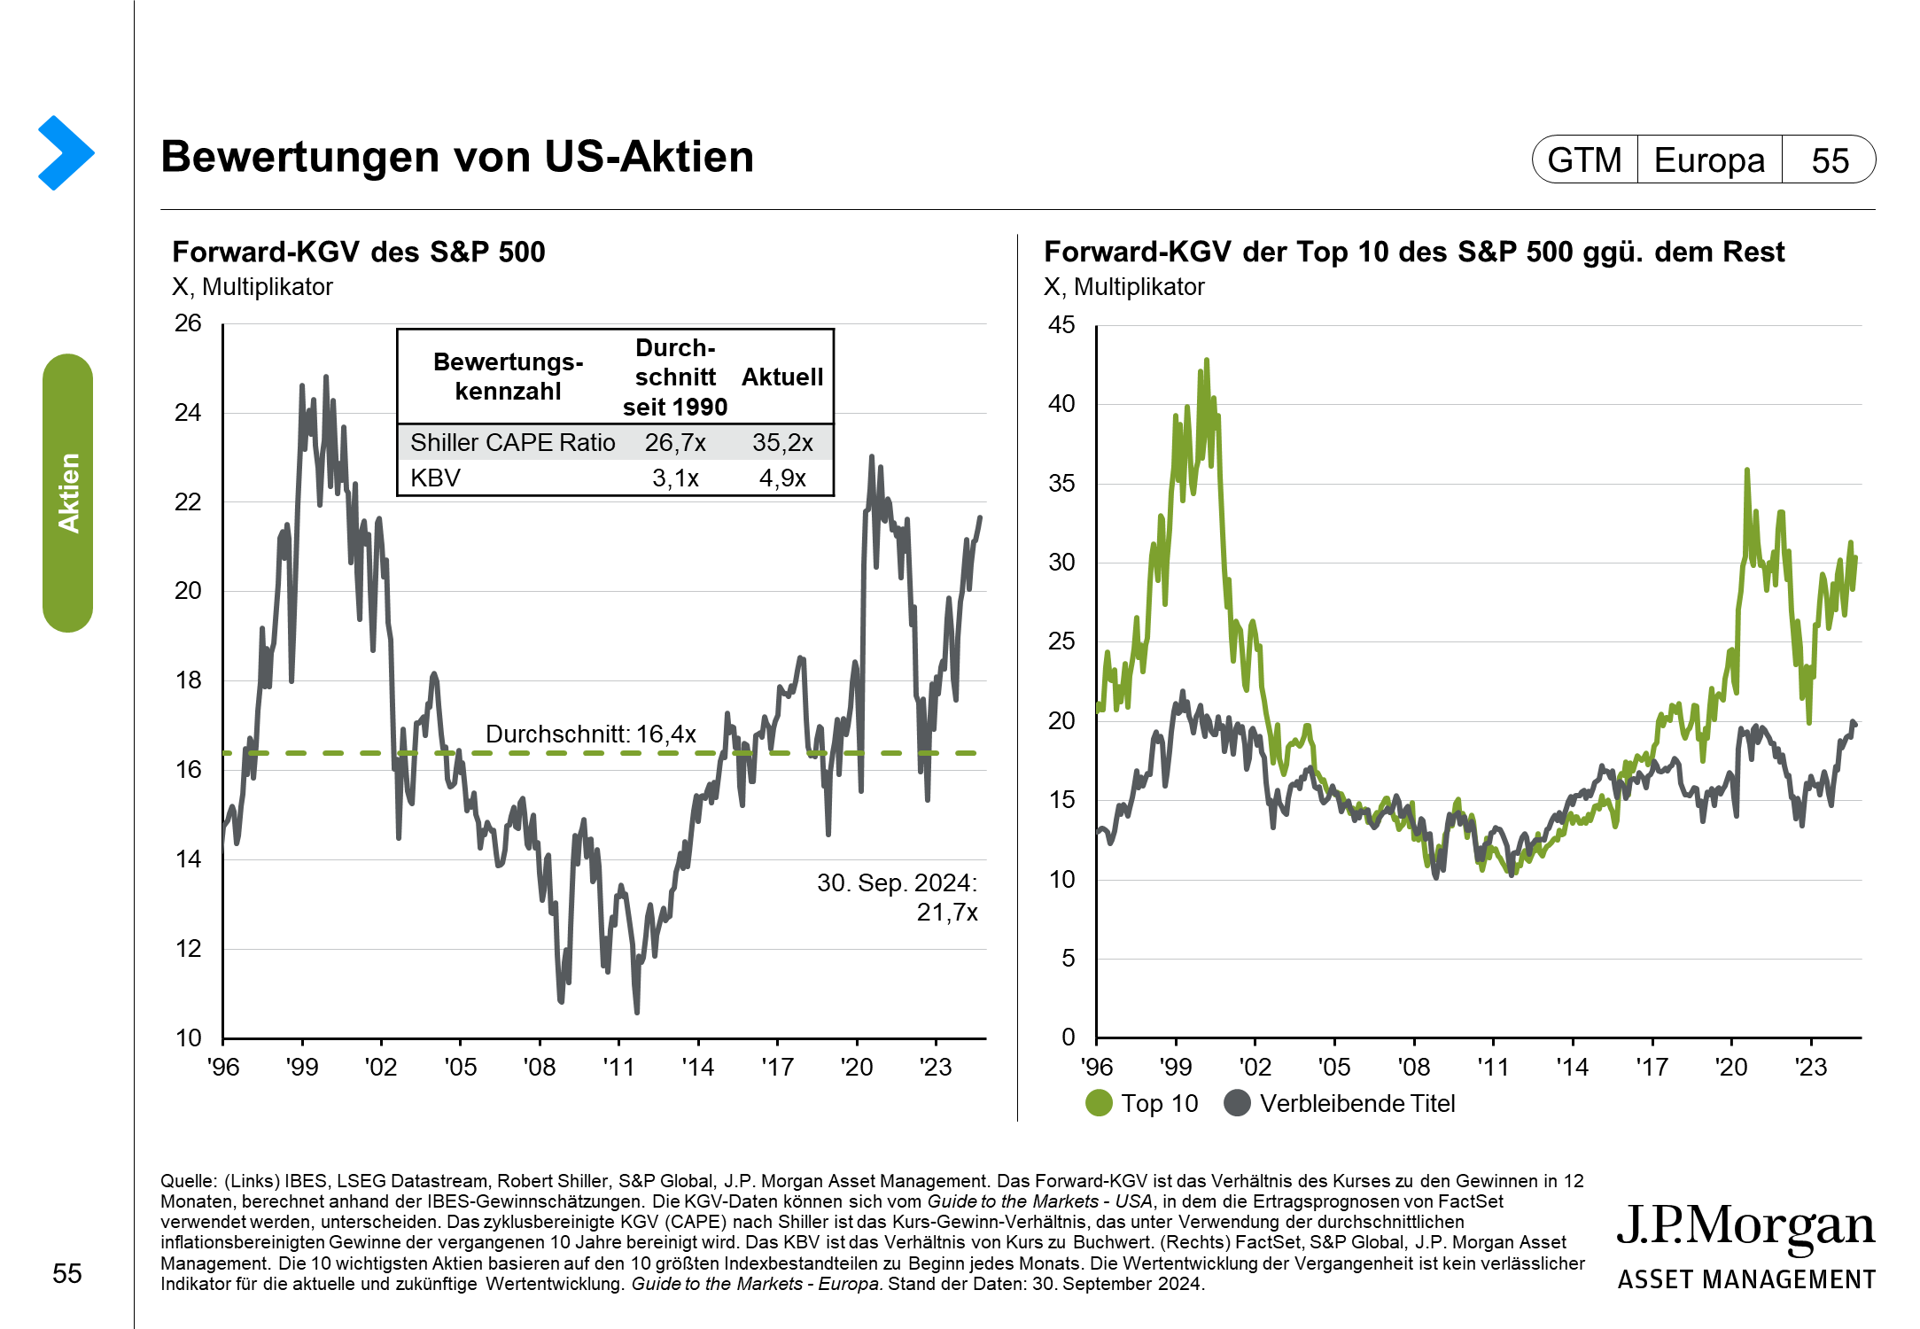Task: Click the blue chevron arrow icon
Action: (x=66, y=152)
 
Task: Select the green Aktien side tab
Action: (x=67, y=493)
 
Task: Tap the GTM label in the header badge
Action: (x=1584, y=160)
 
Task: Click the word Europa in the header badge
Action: (x=1709, y=160)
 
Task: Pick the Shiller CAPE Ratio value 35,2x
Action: (x=782, y=442)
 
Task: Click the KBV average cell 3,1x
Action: (x=675, y=478)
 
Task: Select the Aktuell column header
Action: (x=782, y=377)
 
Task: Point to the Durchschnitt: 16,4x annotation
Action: (x=590, y=734)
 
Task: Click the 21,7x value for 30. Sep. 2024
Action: (x=947, y=912)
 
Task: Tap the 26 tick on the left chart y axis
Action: (x=188, y=323)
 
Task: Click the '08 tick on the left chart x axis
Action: (x=540, y=1067)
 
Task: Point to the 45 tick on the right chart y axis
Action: (x=1061, y=325)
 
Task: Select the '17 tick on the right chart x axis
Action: (x=1652, y=1067)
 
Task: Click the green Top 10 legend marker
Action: (x=1099, y=1103)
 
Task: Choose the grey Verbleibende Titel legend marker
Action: (x=1237, y=1103)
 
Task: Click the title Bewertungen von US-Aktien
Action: (x=457, y=157)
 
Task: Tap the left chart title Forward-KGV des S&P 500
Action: (x=358, y=253)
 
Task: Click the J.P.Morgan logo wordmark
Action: (x=1745, y=1227)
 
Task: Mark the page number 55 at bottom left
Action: (x=67, y=1273)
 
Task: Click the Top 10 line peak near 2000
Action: (x=1206, y=361)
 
